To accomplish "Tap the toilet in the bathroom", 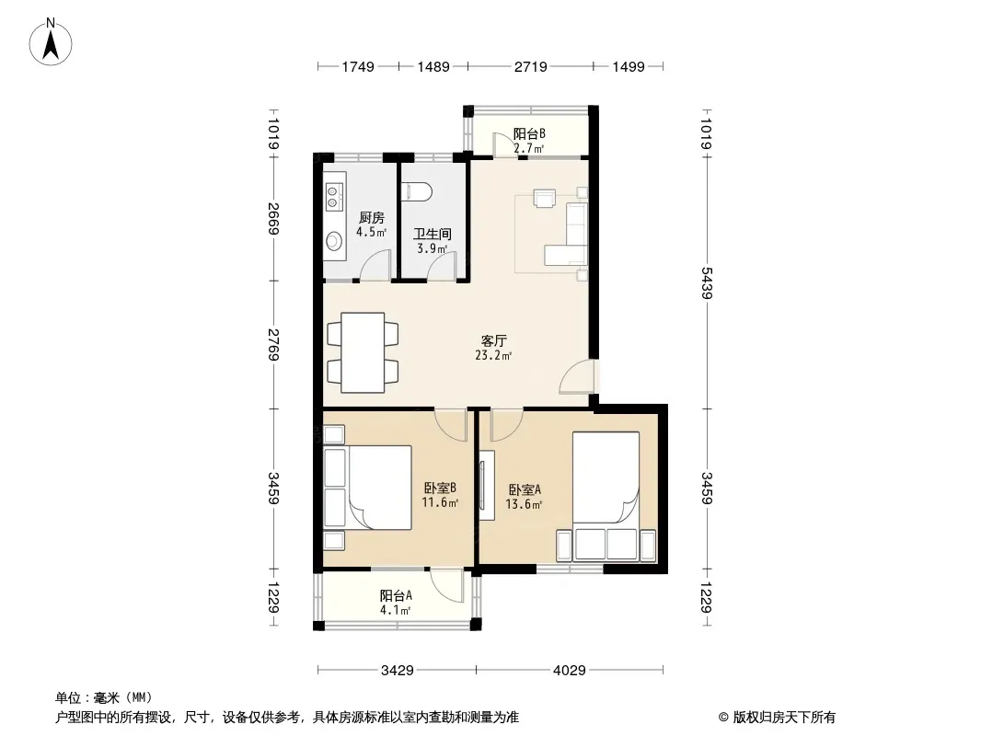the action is click(x=416, y=191).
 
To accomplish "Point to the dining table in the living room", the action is click(x=363, y=352).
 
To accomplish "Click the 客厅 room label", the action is click(x=493, y=340).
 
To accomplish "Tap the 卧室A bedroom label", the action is click(x=525, y=489).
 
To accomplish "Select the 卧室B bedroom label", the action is click(x=440, y=488).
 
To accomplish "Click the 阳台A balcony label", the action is click(x=396, y=596).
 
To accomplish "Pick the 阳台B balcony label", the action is click(x=529, y=133).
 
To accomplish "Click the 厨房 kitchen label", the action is click(x=372, y=218).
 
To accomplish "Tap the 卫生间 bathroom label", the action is click(x=433, y=234).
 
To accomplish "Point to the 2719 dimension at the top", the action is click(x=531, y=66).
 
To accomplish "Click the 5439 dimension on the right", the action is click(x=707, y=283).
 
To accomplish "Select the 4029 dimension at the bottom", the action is click(x=570, y=671).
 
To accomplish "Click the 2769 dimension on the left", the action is click(x=273, y=345).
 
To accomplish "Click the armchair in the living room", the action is click(x=544, y=198).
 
